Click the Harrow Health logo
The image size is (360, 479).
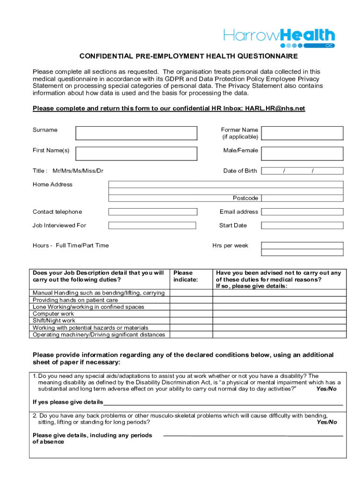(x=279, y=37)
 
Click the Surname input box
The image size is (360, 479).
(x=137, y=133)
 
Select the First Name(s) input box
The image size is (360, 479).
(x=137, y=153)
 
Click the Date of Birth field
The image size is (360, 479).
(x=302, y=171)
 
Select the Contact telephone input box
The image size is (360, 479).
(x=152, y=212)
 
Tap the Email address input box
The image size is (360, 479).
(x=302, y=212)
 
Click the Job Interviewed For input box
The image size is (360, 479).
(x=152, y=225)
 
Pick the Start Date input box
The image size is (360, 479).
(x=302, y=225)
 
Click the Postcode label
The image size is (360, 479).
(x=245, y=198)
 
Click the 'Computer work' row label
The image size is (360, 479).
(x=53, y=314)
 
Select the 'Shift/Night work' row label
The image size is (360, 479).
(x=54, y=321)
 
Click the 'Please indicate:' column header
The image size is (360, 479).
(x=186, y=276)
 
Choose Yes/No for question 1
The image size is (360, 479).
(x=326, y=389)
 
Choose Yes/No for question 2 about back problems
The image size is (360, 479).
(x=326, y=422)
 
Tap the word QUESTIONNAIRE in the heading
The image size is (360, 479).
(x=262, y=57)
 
